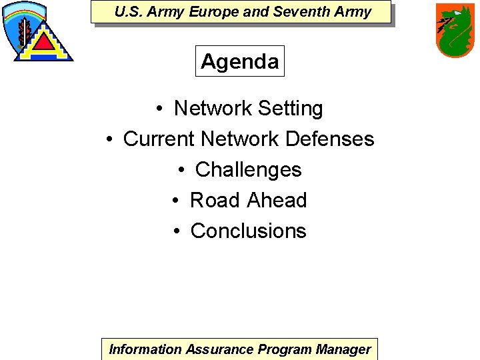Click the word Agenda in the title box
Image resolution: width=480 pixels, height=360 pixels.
240,61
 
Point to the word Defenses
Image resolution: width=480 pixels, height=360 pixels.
329,139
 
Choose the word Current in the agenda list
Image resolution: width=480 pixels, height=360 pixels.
159,139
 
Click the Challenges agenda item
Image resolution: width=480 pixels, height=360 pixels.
248,169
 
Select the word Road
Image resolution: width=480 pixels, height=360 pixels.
215,200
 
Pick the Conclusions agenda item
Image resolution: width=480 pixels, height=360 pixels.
248,231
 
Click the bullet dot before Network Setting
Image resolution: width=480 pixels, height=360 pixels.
161,109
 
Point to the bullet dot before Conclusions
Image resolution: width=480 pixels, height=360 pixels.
177,231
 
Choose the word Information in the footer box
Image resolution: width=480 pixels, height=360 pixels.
145,349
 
